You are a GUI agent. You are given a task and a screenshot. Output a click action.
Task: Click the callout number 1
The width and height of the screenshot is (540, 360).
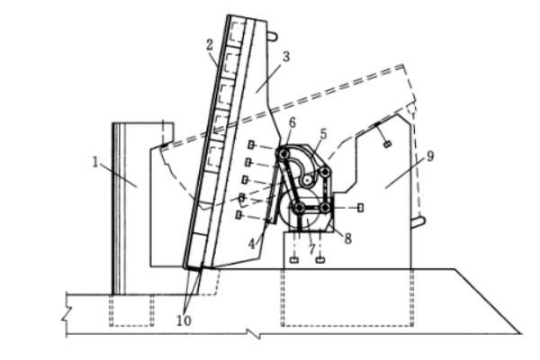[x=96, y=164]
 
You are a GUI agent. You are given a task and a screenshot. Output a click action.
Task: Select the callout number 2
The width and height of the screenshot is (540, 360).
[x=209, y=43]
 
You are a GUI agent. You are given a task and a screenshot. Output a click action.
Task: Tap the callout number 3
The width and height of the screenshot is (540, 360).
[x=285, y=57]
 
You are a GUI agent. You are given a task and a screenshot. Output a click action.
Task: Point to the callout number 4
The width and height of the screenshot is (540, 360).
[x=252, y=241]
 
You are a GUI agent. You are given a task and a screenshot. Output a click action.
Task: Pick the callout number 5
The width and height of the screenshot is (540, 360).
[x=323, y=133]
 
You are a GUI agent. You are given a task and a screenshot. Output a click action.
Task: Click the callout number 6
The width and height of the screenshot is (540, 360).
[x=292, y=122]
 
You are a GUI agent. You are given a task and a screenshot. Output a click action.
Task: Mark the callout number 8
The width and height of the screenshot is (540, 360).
[x=346, y=238]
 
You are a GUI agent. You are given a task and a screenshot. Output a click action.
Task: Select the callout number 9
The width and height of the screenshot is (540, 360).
[x=430, y=156]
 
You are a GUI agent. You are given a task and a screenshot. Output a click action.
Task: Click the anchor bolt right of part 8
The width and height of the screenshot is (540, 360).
[x=360, y=209]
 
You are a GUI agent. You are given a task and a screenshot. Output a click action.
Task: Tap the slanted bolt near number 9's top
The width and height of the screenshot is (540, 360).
[x=385, y=143]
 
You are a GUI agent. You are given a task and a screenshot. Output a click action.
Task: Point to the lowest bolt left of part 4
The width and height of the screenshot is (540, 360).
[x=239, y=215]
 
